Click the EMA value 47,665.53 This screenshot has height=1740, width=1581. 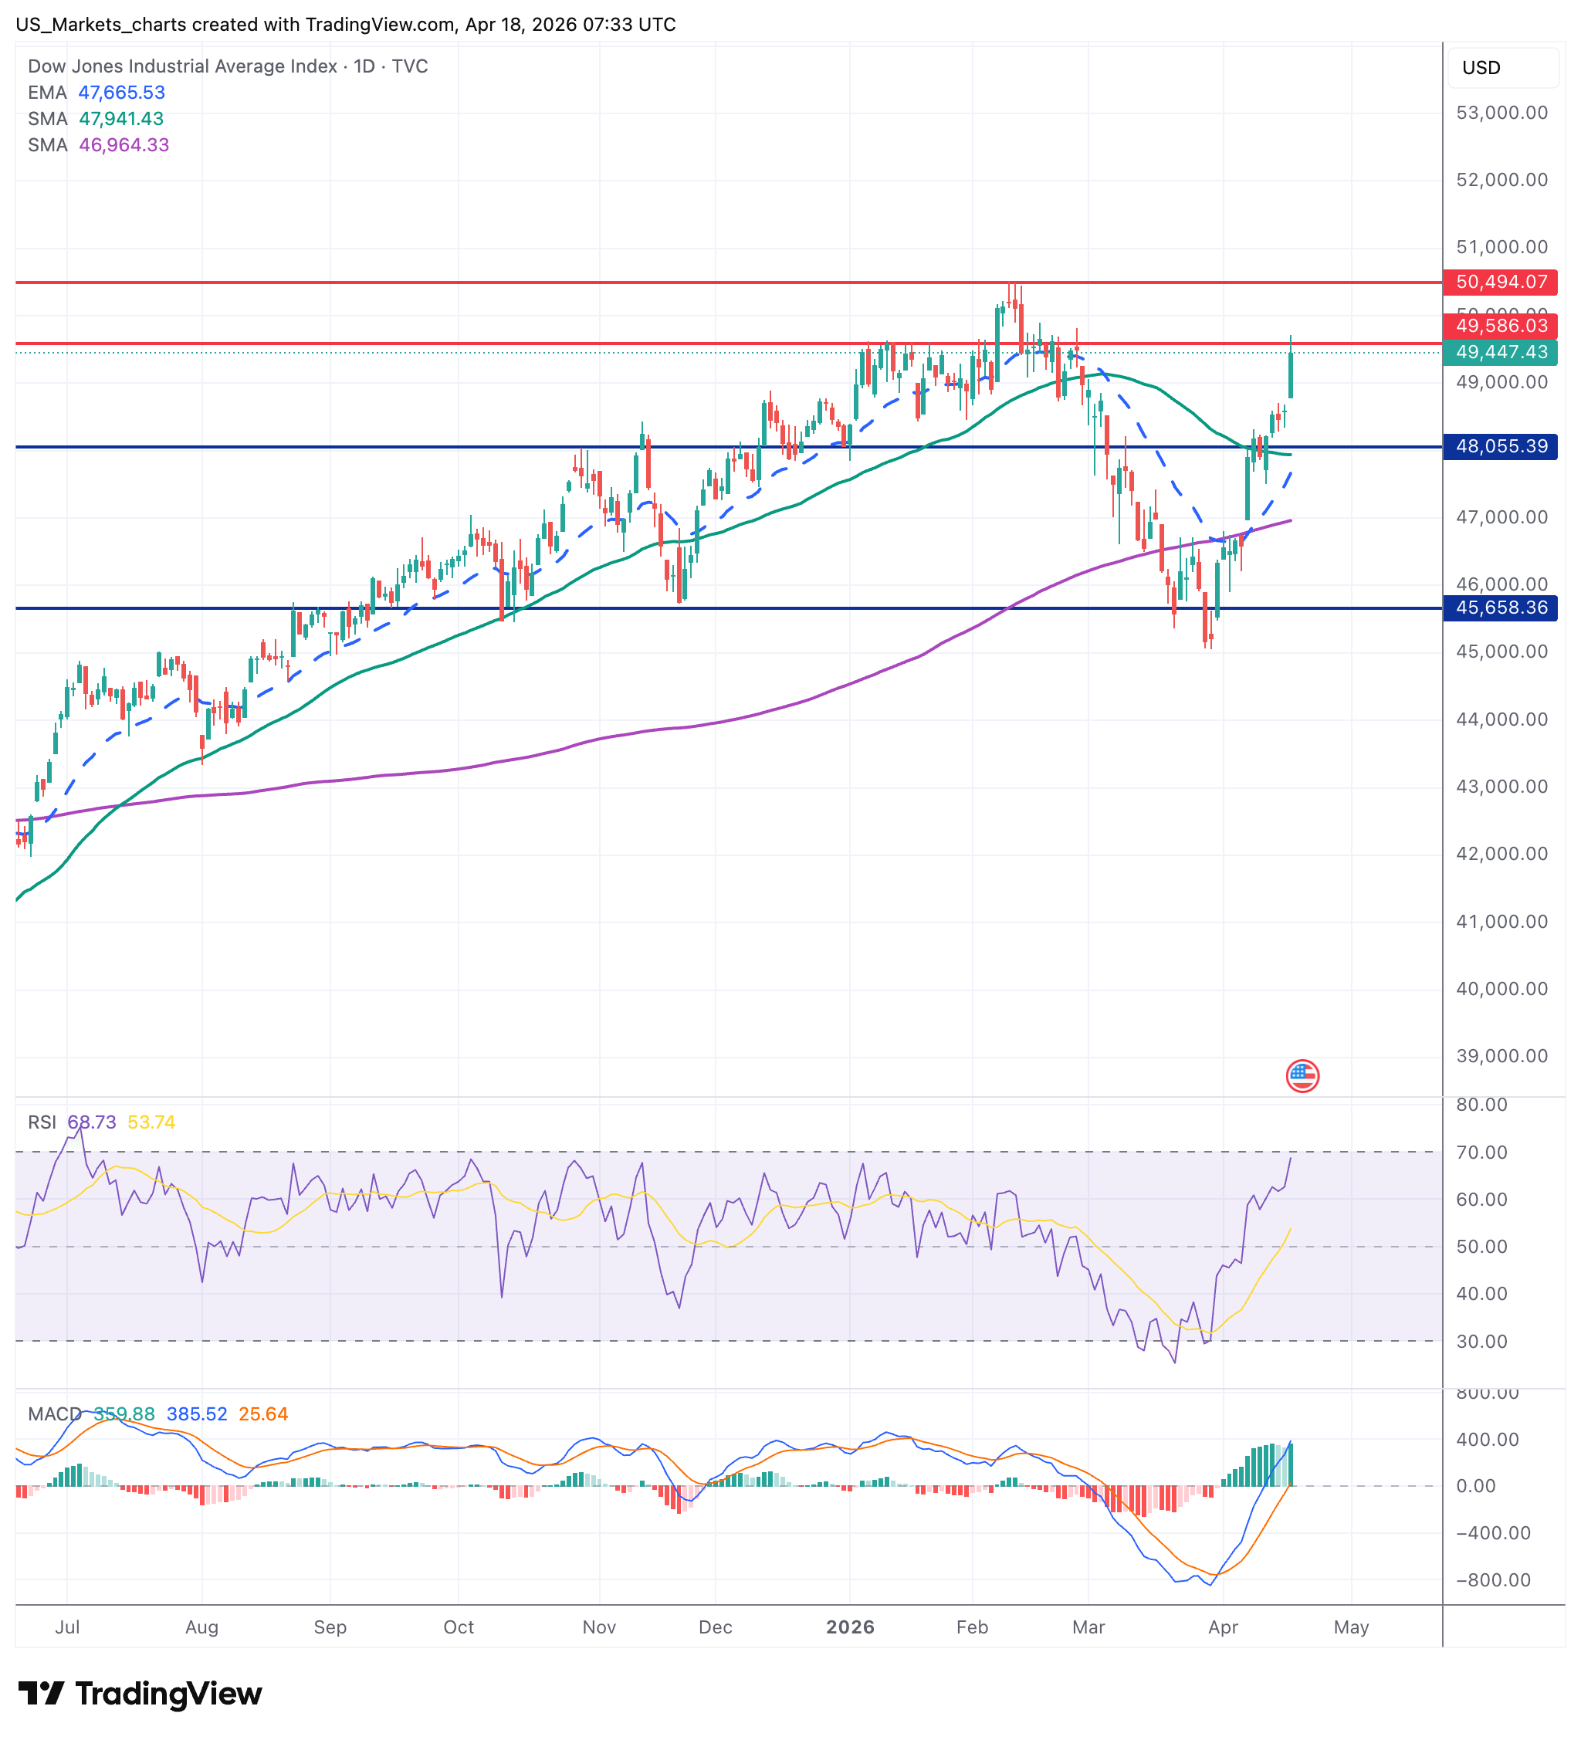tap(122, 93)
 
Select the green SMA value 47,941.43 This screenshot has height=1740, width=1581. tap(122, 119)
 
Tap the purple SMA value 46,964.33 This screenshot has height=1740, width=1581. tap(124, 145)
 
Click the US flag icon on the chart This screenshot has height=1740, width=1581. tap(1302, 1076)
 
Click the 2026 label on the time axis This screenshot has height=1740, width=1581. tap(850, 1628)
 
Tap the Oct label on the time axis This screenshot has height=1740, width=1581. tap(459, 1628)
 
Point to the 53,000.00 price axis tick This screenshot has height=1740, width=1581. tap(1501, 113)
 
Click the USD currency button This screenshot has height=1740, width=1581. tap(1481, 68)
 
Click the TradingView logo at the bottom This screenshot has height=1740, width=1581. tap(140, 1694)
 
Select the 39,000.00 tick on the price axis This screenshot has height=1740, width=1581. tap(1501, 1056)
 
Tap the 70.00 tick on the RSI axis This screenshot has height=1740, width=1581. tap(1481, 1153)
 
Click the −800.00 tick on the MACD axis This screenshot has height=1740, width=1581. tap(1493, 1580)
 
